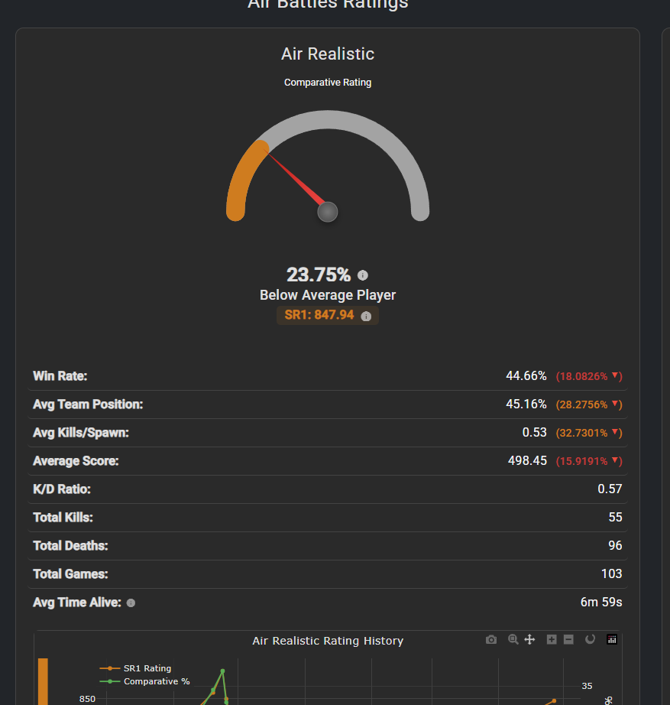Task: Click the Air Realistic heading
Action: (x=328, y=54)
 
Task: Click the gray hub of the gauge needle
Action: (x=328, y=212)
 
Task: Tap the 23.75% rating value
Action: (x=319, y=275)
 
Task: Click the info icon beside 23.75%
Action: (x=363, y=275)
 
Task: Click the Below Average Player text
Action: (x=328, y=295)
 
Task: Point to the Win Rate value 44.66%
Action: (x=526, y=376)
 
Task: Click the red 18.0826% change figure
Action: (x=582, y=376)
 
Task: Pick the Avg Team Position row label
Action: (x=88, y=404)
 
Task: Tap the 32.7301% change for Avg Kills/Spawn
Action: (x=582, y=433)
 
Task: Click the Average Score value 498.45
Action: (x=527, y=461)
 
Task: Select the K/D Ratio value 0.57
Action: (x=610, y=489)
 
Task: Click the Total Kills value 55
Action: (x=615, y=518)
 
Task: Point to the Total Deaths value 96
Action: (x=615, y=546)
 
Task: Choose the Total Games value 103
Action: (x=611, y=574)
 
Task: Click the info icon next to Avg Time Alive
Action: (x=131, y=603)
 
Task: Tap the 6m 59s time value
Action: (x=601, y=603)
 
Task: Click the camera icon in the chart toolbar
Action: (x=491, y=639)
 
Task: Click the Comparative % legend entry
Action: (x=156, y=681)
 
